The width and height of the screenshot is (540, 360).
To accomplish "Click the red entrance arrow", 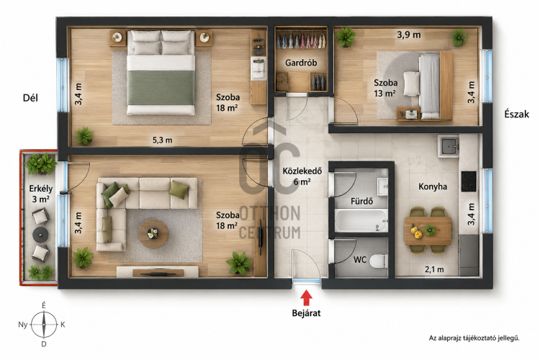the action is [x=306, y=298].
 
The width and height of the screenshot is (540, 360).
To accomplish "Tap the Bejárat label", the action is [x=306, y=313].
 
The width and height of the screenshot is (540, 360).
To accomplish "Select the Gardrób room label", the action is [x=301, y=63].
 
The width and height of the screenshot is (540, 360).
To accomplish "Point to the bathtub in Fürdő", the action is [x=361, y=220].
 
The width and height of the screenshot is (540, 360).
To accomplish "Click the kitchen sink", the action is [x=448, y=146].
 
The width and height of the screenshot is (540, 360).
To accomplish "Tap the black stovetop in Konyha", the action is [x=469, y=181].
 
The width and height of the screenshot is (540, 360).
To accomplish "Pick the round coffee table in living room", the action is [x=153, y=233].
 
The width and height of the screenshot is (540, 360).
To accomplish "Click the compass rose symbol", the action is [x=44, y=324].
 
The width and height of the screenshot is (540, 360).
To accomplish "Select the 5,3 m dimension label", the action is [x=162, y=140].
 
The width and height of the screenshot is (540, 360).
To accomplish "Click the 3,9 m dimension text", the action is [x=409, y=35].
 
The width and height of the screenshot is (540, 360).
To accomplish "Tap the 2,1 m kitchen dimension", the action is [x=434, y=269].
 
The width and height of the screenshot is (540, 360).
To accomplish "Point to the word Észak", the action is [x=516, y=114].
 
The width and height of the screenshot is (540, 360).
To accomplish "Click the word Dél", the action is [x=31, y=98].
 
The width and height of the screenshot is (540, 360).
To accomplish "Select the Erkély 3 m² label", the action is [x=40, y=194].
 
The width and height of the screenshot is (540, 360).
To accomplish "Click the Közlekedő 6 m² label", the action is [x=302, y=176].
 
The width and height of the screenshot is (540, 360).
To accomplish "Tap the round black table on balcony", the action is [x=40, y=235].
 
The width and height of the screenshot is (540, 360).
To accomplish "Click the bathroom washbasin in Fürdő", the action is [x=382, y=186].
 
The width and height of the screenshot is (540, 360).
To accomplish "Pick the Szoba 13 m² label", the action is [x=385, y=88].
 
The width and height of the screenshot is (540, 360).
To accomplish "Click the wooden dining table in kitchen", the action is [x=428, y=231].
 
